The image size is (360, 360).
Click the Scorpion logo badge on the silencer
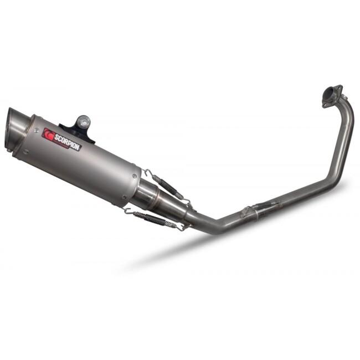[x=62, y=140]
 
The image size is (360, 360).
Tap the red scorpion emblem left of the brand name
[x=48, y=135]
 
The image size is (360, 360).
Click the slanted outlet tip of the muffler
[x=18, y=128]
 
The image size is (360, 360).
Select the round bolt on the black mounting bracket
[x=83, y=120]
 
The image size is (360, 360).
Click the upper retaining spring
[x=168, y=186]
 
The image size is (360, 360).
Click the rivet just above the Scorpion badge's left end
[x=36, y=130]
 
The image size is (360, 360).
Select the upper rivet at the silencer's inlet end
[x=135, y=176]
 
